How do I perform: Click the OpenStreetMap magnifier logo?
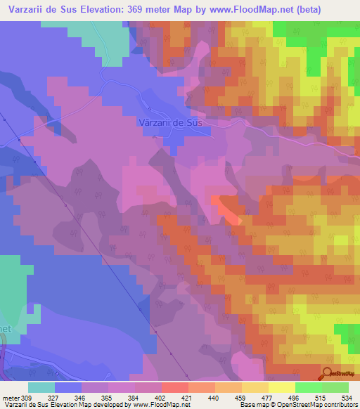point(328,373)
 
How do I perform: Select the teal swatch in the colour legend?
point(41,387)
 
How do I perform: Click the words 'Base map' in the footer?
point(252,404)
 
